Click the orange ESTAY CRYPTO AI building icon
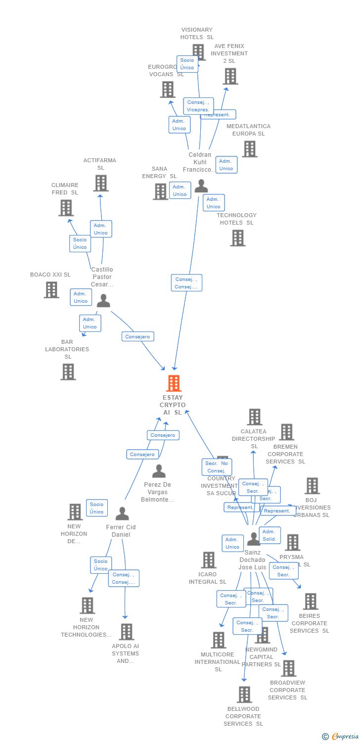(174, 383)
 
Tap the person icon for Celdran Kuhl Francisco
(201, 186)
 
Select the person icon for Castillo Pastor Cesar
(103, 301)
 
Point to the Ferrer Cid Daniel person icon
(122, 514)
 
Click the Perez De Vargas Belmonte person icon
(159, 471)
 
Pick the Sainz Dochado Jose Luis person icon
(253, 539)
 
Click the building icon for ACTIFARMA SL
(101, 183)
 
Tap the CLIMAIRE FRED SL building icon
(66, 208)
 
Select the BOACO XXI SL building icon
(51, 290)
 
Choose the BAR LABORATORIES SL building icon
(68, 371)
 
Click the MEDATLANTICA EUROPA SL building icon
(249, 149)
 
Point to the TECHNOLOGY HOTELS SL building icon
(238, 238)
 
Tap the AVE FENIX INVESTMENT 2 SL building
(230, 76)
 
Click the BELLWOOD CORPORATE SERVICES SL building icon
(244, 695)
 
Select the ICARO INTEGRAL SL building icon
(209, 560)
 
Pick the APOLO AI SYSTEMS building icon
(127, 632)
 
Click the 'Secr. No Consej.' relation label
(217, 467)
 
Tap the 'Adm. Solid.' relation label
(270, 535)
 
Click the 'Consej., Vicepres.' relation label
(198, 106)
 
